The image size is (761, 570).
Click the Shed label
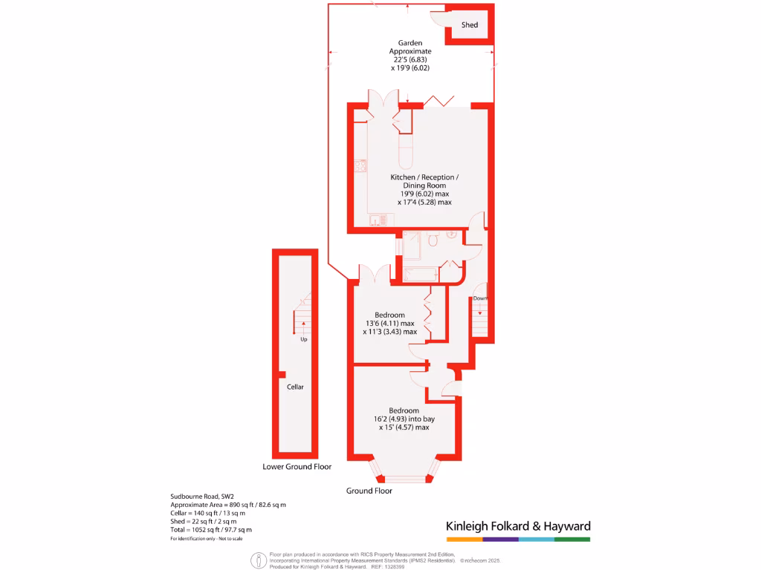[470, 25]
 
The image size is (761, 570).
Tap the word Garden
[410, 42]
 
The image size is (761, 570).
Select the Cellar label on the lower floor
[295, 387]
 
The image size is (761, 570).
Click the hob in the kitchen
[360, 166]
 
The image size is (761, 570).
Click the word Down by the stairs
[480, 298]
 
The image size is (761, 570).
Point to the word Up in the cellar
[303, 340]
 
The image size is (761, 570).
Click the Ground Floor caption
[369, 491]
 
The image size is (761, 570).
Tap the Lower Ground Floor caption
[297, 467]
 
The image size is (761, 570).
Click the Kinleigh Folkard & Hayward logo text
[518, 526]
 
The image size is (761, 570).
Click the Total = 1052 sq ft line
[211, 529]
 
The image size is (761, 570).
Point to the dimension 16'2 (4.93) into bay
[404, 419]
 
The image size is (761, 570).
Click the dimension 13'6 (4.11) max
[389, 324]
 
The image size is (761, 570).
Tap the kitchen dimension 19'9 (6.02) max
[424, 194]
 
